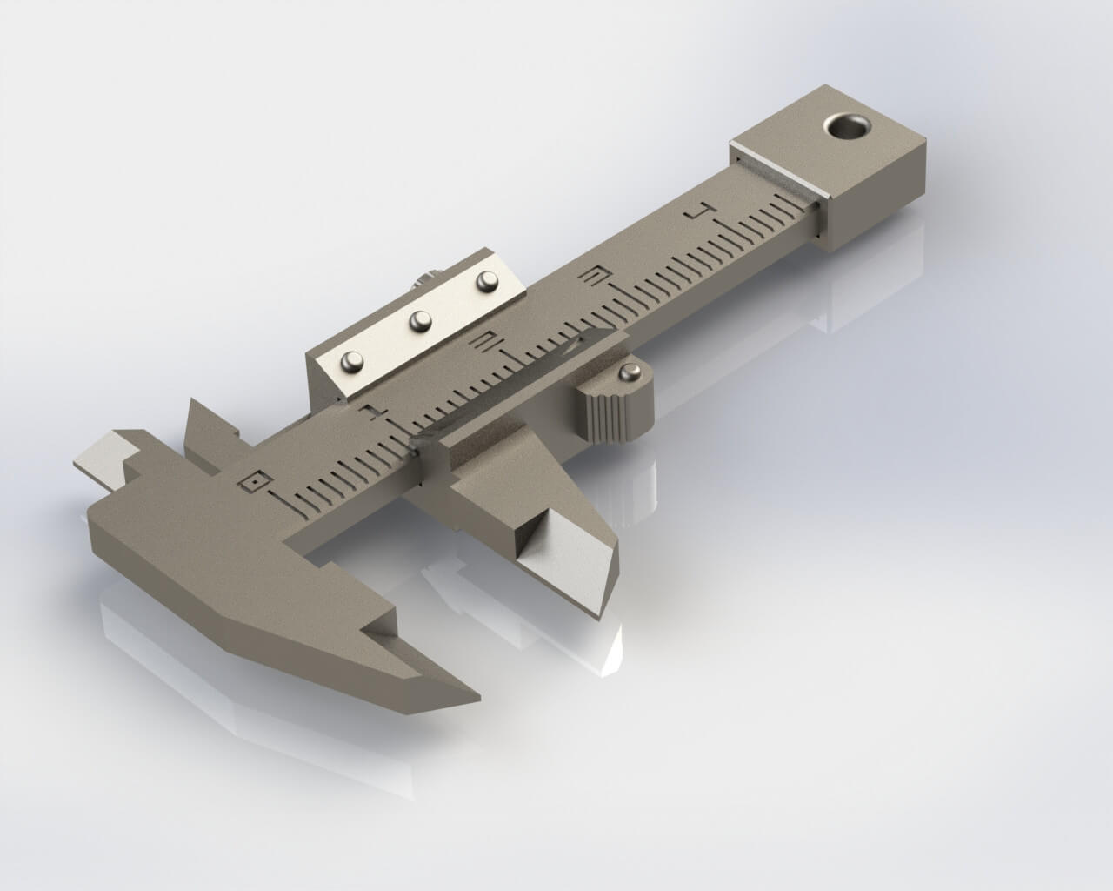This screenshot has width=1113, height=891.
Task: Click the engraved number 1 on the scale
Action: pyautogui.click(x=375, y=410)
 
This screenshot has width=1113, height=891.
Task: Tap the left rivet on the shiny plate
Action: pyautogui.click(x=352, y=359)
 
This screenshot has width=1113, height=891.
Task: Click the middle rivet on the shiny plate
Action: pyautogui.click(x=421, y=320)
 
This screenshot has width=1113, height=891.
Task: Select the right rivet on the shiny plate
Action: pyautogui.click(x=488, y=280)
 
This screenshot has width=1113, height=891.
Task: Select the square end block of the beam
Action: pyautogui.click(x=830, y=165)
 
